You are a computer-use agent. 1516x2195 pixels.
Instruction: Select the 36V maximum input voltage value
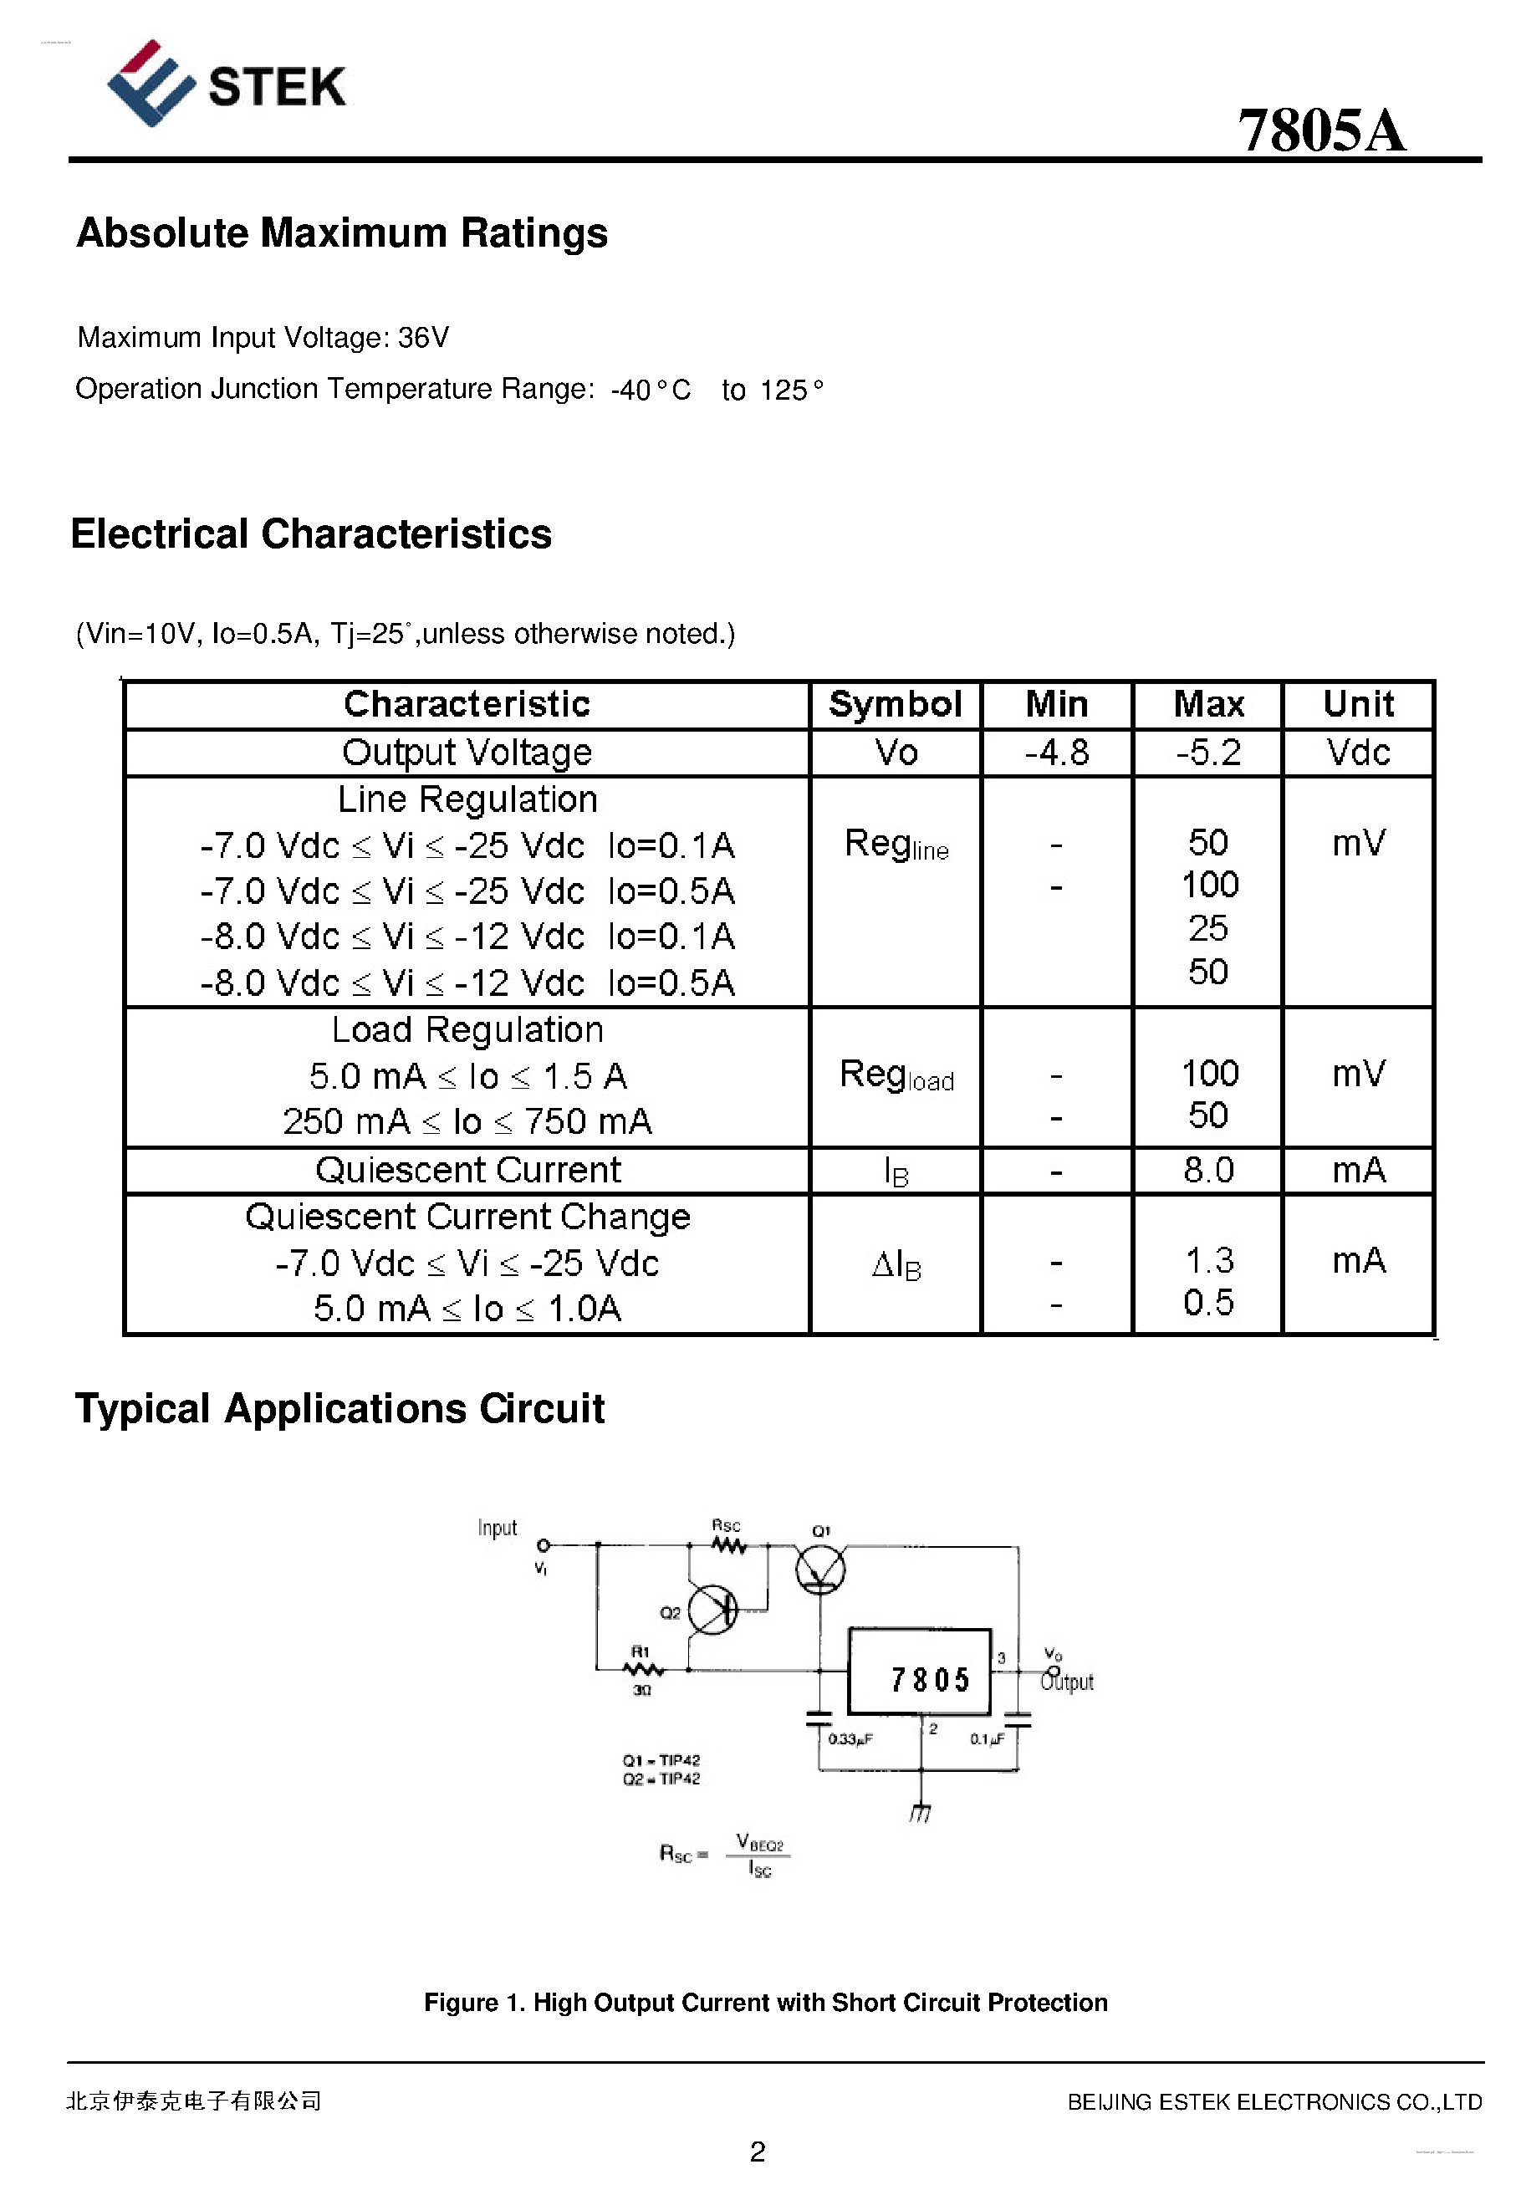[423, 337]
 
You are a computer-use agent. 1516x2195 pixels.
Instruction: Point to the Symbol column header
[895, 704]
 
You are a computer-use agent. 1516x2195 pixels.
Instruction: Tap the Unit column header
[1357, 704]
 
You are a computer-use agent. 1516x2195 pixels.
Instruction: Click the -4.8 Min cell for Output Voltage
[1055, 753]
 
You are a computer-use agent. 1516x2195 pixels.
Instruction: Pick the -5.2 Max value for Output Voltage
[1207, 753]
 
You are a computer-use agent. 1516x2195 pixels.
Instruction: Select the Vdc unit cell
[1357, 753]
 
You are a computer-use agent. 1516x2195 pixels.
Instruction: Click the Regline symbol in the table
[896, 844]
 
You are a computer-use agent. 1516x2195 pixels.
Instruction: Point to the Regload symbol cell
[896, 1075]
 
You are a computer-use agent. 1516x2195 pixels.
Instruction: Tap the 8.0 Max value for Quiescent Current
[1207, 1169]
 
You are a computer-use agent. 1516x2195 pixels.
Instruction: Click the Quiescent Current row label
[467, 1169]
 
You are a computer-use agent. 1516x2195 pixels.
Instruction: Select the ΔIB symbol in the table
[896, 1264]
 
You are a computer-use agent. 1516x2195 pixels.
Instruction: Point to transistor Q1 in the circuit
[820, 1568]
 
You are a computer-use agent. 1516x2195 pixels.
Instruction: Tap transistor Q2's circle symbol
[712, 1609]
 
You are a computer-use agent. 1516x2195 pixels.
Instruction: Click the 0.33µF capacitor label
[850, 1738]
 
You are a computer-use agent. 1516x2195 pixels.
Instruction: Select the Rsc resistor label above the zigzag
[726, 1525]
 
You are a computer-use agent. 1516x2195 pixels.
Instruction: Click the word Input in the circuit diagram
[497, 1527]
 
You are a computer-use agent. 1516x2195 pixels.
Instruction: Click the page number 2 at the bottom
[757, 2151]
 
